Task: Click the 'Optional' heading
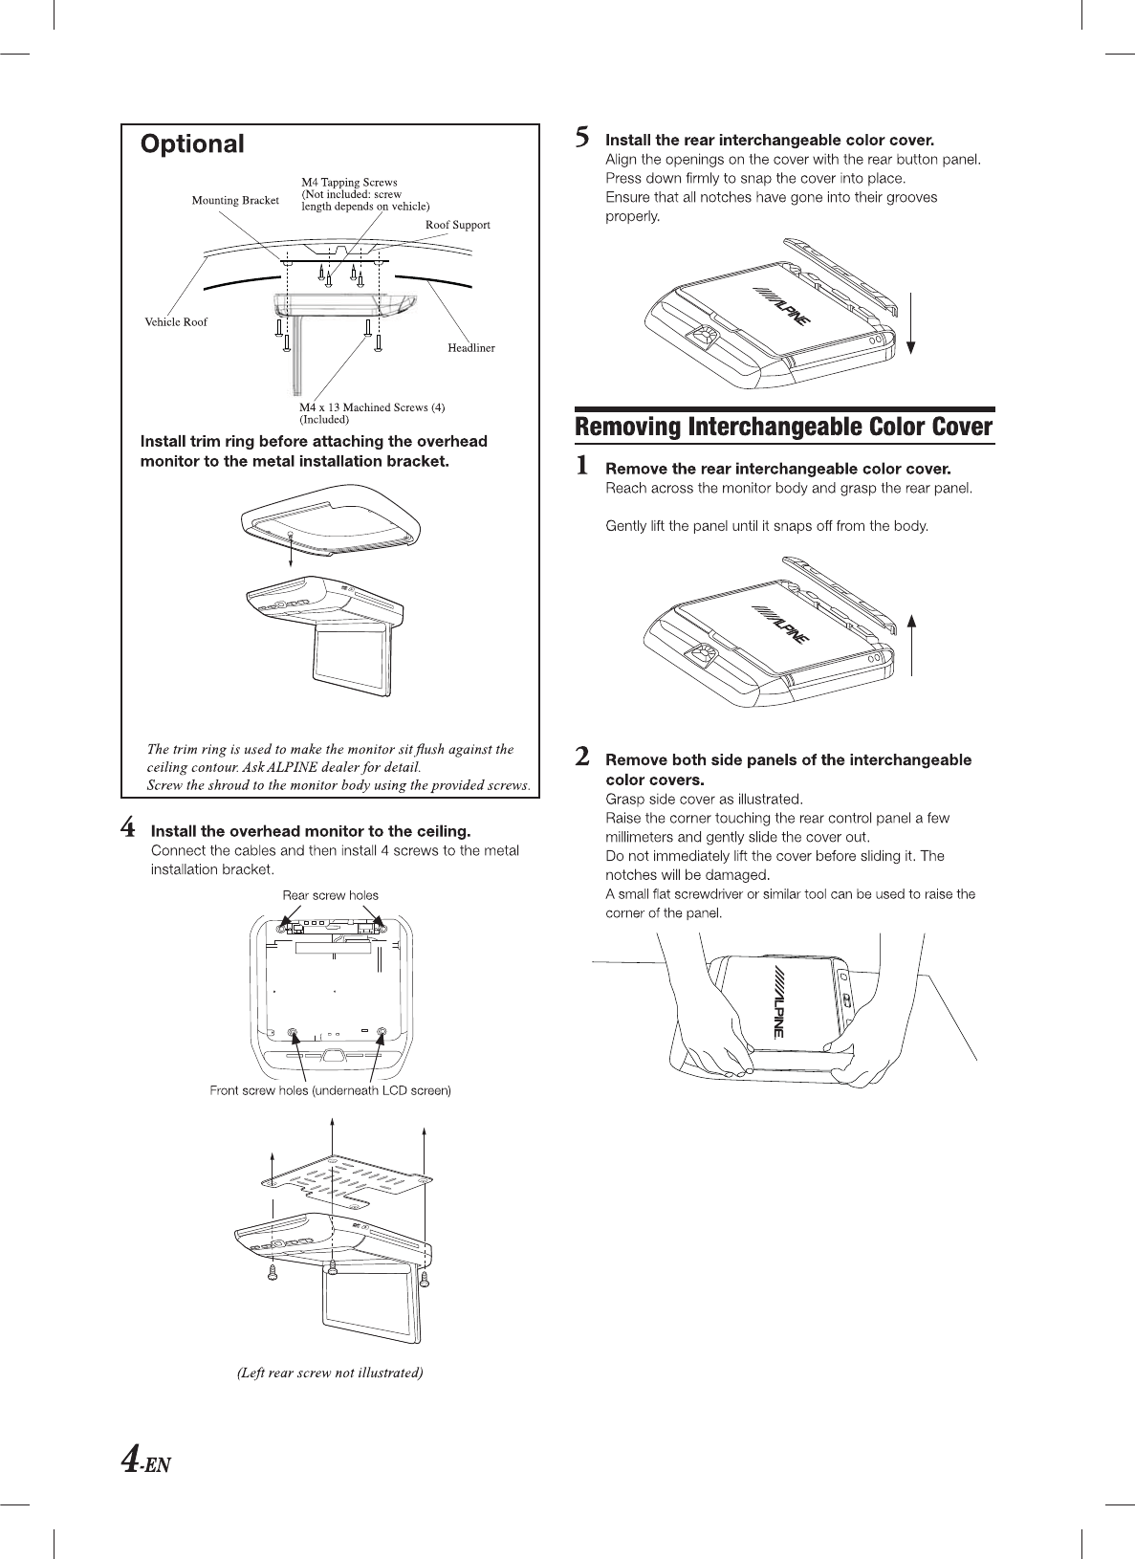coord(192,144)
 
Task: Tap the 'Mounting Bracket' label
coord(235,201)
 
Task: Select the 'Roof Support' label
coord(457,226)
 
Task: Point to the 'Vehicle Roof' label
coord(176,322)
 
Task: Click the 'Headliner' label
coord(471,348)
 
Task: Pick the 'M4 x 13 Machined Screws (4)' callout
coord(372,407)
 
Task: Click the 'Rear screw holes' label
coord(330,896)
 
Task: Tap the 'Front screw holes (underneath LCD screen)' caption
coord(330,1090)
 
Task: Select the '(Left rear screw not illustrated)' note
coord(330,1372)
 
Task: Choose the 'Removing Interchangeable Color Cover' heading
coord(783,428)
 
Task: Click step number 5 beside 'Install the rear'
coord(581,139)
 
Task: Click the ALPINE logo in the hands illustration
coord(777,1001)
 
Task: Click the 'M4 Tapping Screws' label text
coord(349,183)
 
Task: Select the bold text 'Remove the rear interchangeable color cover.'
coord(778,469)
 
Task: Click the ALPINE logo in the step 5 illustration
coord(782,308)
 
